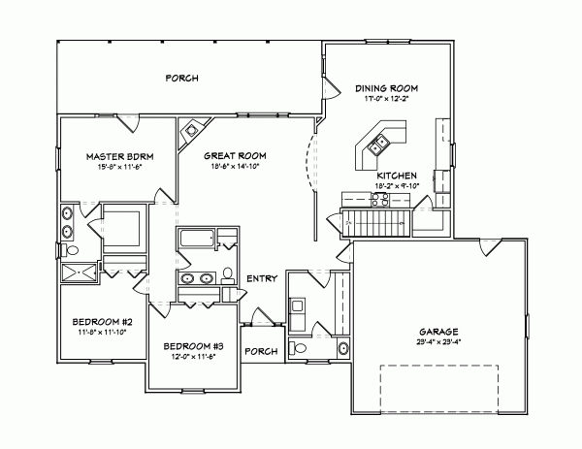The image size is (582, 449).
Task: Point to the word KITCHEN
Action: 384,176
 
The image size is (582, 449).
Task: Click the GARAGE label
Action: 439,331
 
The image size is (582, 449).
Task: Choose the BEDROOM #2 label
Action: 101,321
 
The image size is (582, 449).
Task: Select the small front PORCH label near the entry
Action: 261,351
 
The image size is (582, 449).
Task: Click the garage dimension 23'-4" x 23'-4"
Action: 439,341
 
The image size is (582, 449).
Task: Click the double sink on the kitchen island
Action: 377,146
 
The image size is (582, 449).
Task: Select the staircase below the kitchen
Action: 378,222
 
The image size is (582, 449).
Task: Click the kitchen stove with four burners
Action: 378,200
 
